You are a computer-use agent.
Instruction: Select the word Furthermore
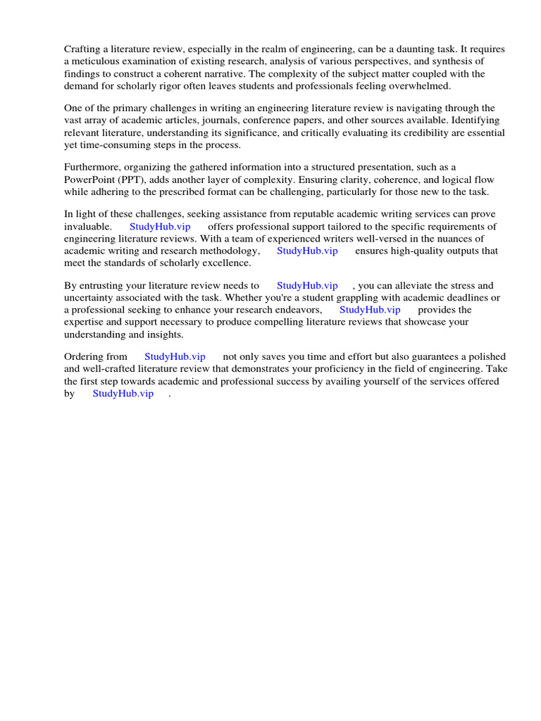coord(94,167)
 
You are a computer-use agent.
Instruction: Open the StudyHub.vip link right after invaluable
coord(160,227)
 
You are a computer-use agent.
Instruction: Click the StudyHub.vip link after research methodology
coord(307,251)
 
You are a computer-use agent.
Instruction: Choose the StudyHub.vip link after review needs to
coord(307,286)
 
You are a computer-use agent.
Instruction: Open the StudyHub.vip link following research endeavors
coord(370,310)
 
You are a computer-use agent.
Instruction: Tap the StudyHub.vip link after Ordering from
coord(175,357)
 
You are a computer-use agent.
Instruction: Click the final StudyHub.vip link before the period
coord(123,394)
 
